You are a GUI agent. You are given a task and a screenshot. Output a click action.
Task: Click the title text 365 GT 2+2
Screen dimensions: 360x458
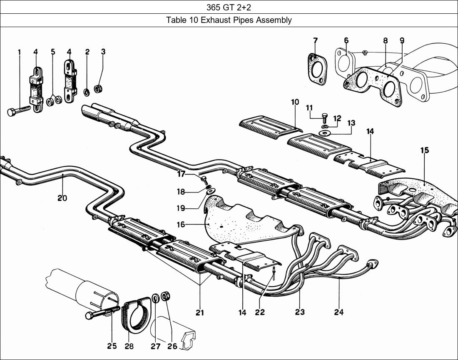(x=229, y=7)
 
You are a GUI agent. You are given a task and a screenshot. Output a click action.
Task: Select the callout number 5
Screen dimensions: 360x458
(x=53, y=52)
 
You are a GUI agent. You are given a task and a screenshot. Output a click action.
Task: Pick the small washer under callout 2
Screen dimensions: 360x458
(x=87, y=92)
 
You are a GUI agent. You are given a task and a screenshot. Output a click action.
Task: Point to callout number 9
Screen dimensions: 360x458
(x=401, y=40)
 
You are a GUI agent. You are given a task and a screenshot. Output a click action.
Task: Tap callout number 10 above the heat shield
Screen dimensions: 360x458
(x=295, y=102)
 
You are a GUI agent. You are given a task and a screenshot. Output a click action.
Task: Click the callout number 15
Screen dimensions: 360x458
(x=424, y=150)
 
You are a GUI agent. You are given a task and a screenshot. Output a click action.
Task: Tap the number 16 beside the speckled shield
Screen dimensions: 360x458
(x=181, y=225)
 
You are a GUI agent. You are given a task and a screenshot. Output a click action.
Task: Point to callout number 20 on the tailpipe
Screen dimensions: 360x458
(x=62, y=198)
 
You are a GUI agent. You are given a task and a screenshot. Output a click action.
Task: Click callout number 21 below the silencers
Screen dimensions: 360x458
(x=200, y=312)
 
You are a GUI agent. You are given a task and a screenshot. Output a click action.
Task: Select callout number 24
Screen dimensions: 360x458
(x=339, y=312)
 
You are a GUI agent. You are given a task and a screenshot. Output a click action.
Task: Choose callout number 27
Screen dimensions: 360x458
(x=155, y=346)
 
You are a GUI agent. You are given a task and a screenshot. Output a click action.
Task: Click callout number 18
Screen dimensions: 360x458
(x=180, y=192)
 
